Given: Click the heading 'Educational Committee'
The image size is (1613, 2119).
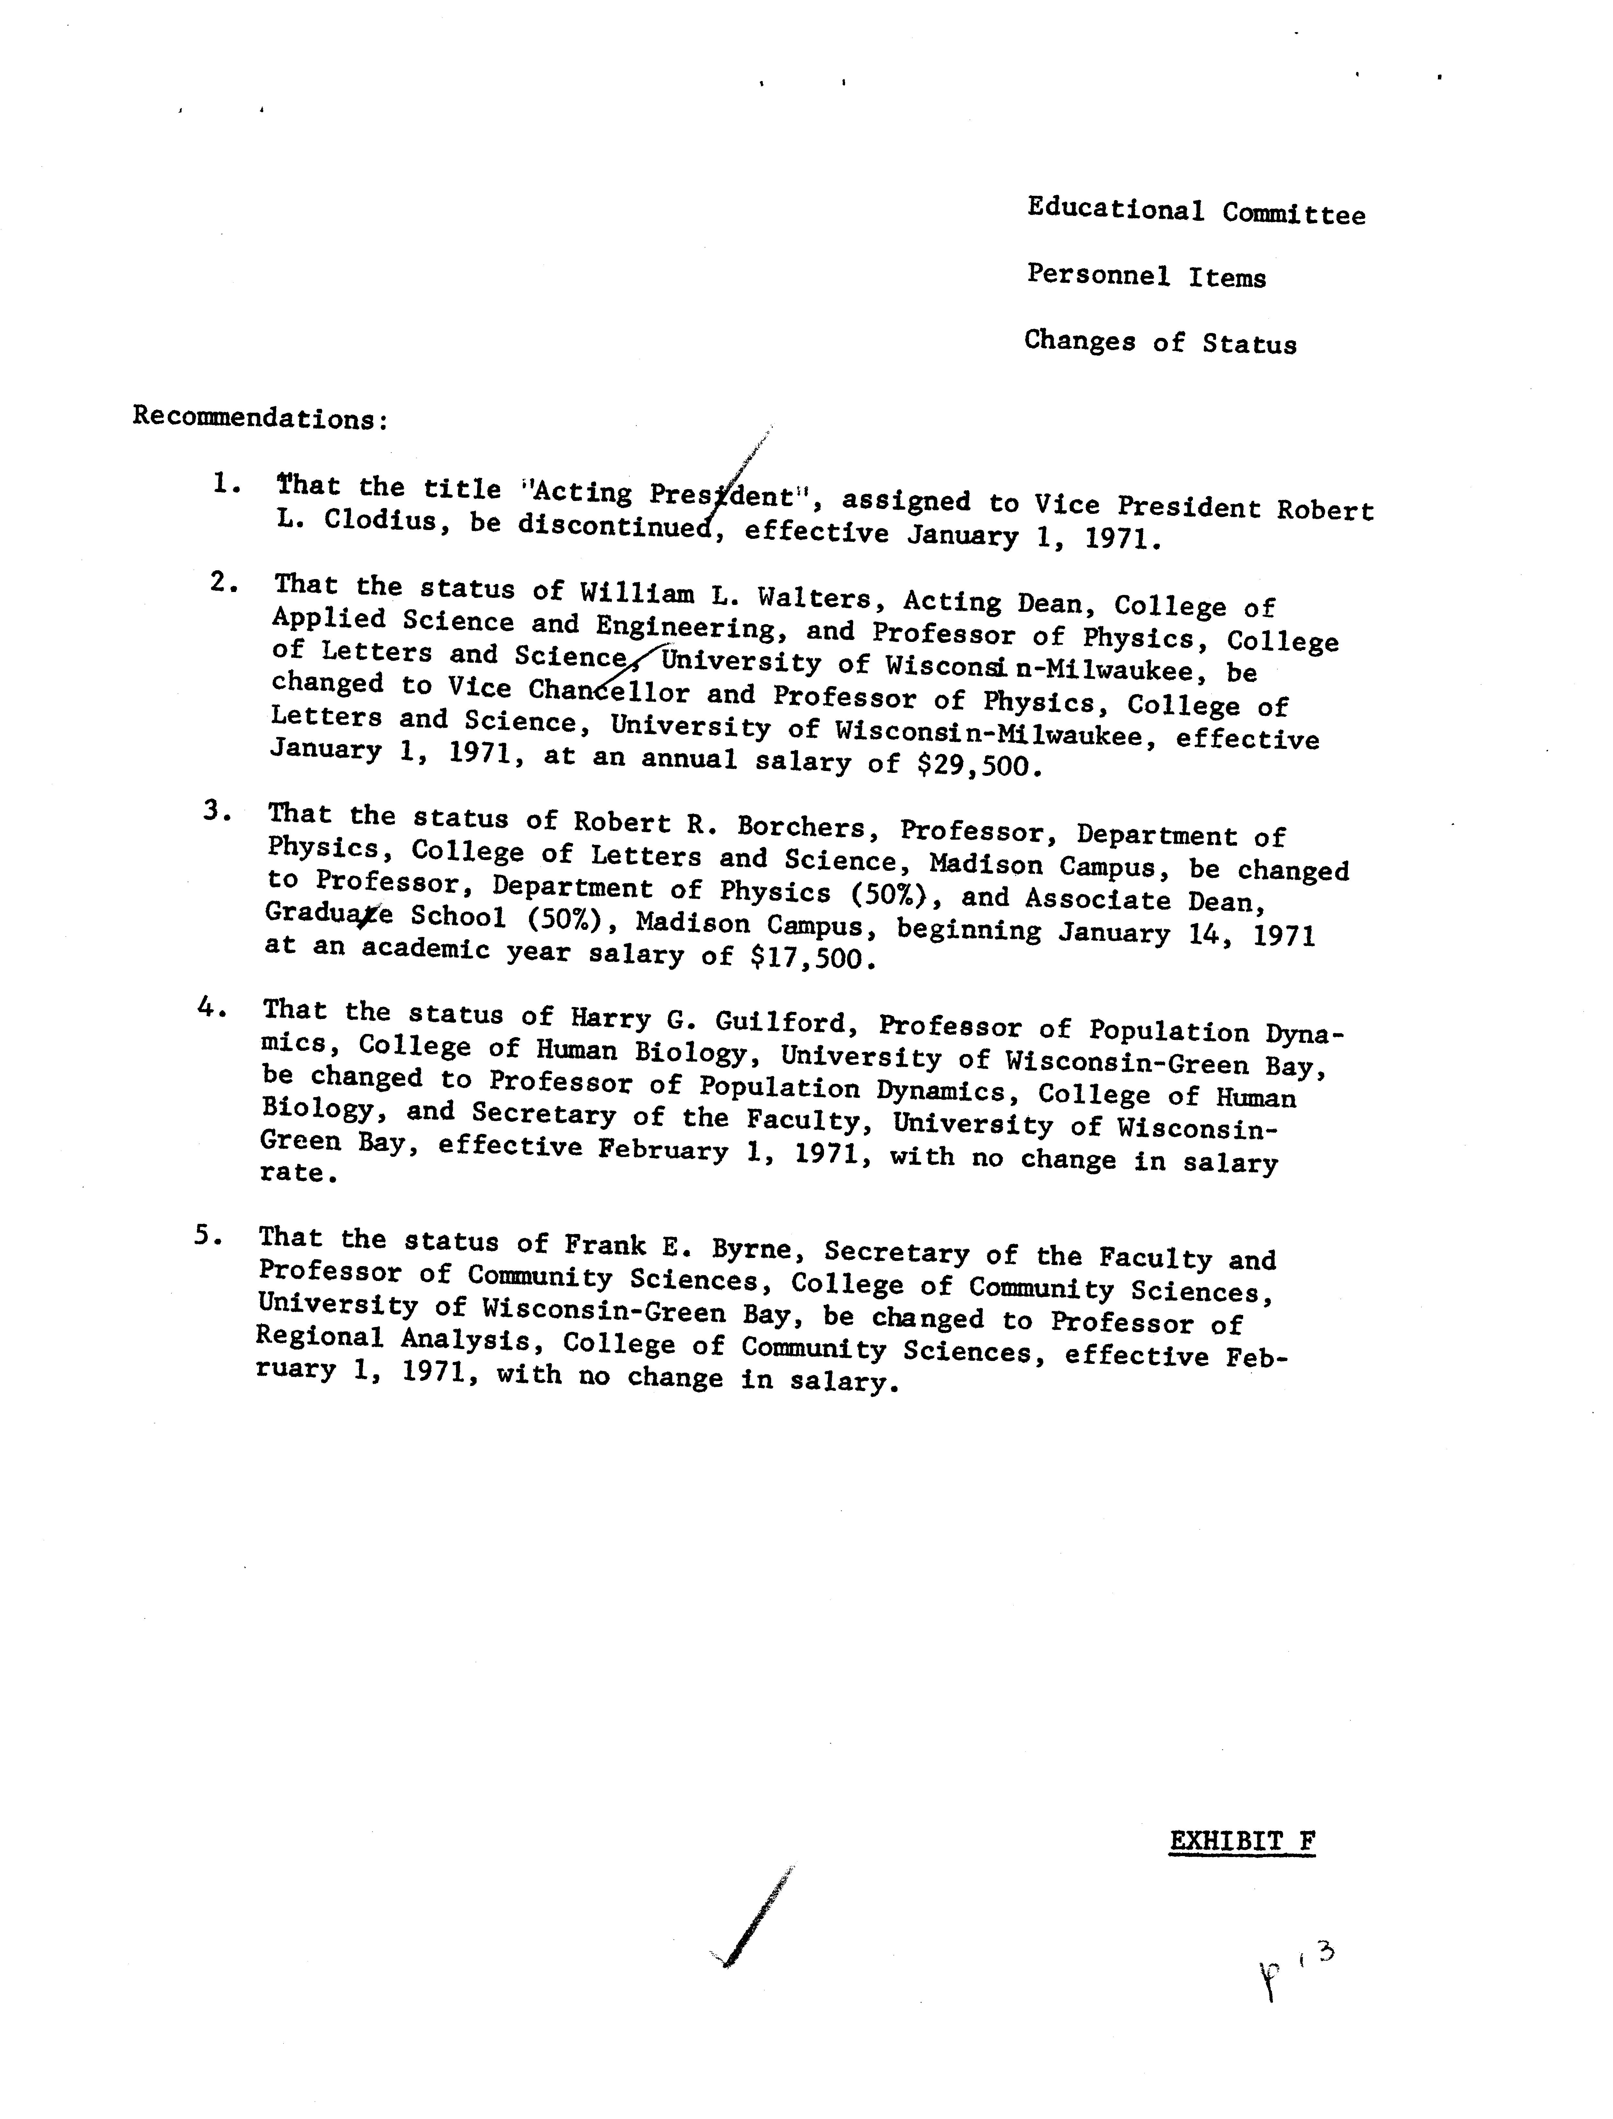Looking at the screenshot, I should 1195,211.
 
